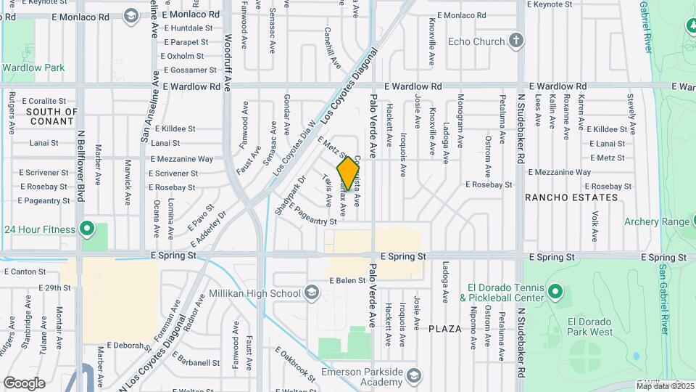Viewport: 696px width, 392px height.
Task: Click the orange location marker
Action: pos(348,174)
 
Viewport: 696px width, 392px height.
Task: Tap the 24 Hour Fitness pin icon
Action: pos(87,230)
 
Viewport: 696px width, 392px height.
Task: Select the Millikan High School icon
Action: pos(312,293)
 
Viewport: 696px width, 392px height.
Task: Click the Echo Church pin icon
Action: pos(516,41)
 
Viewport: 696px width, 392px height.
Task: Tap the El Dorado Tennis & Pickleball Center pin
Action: pos(555,292)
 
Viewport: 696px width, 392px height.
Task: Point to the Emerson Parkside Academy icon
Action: pos(413,375)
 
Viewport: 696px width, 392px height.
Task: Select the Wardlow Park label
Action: pos(33,68)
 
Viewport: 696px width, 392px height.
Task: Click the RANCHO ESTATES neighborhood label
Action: pos(571,197)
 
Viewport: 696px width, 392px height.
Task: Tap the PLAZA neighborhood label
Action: pos(444,329)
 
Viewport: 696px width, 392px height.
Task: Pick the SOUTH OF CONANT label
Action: pos(51,117)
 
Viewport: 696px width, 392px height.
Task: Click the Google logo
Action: pos(24,383)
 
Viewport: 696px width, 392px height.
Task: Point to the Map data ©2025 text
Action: pos(663,386)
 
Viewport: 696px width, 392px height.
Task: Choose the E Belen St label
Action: pos(347,280)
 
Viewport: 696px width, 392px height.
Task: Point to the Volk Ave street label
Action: pos(594,226)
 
